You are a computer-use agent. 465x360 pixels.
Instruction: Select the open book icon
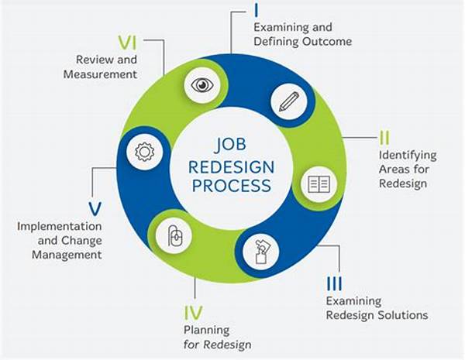click(x=319, y=183)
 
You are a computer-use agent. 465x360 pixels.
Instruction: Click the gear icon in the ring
click(x=144, y=151)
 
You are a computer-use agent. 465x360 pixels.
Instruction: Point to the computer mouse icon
click(x=175, y=235)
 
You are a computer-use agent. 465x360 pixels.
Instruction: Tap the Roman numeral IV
click(x=194, y=314)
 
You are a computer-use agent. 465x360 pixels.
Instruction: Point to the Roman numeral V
click(x=93, y=208)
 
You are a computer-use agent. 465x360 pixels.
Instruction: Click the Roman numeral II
click(x=384, y=139)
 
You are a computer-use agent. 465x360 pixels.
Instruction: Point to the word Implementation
click(x=60, y=226)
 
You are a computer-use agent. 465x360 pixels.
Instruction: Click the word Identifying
click(x=408, y=156)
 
